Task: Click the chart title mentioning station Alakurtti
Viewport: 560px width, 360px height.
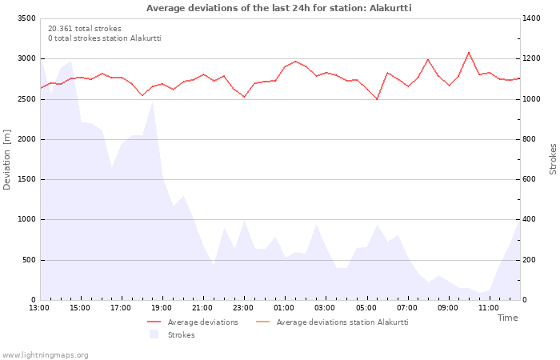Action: click(279, 8)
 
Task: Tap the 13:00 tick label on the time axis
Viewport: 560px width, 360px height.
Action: click(39, 307)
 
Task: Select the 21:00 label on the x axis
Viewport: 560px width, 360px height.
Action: click(202, 307)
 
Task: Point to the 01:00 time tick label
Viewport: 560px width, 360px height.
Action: click(284, 307)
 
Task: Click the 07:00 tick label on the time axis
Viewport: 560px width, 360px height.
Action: click(406, 307)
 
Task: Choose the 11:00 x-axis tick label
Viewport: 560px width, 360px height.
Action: click(488, 307)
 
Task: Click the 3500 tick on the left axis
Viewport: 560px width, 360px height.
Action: click(26, 18)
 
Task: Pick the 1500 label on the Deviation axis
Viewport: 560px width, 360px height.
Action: click(26, 179)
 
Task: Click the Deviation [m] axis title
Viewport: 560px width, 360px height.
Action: click(8, 160)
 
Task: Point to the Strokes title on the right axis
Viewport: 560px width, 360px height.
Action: click(553, 159)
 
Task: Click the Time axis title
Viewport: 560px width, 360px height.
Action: click(507, 318)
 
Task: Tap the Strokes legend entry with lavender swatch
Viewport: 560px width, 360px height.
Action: click(181, 335)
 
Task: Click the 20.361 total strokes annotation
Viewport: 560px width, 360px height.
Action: click(85, 29)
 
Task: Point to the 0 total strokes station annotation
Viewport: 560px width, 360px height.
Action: click(104, 38)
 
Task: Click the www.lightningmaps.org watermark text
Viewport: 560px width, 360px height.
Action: click(46, 355)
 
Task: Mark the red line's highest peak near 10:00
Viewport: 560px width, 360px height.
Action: click(469, 53)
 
